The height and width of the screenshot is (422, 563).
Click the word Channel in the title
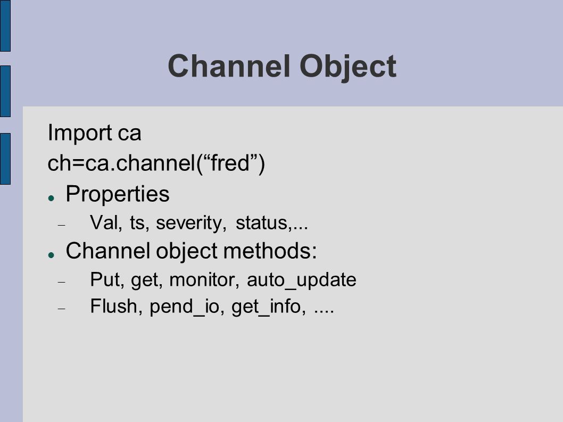pos(229,66)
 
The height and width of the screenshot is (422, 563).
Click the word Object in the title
pos(348,68)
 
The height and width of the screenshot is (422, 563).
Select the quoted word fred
pos(230,163)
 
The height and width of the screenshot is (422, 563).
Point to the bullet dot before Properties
pos(51,198)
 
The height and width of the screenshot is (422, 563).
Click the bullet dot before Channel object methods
pos(51,254)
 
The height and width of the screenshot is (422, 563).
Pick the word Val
pos(106,222)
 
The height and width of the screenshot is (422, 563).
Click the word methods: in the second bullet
pos(270,250)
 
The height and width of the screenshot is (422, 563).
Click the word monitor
pos(204,280)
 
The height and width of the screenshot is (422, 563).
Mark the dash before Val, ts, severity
pos(62,225)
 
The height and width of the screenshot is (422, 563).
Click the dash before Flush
pos(62,309)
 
